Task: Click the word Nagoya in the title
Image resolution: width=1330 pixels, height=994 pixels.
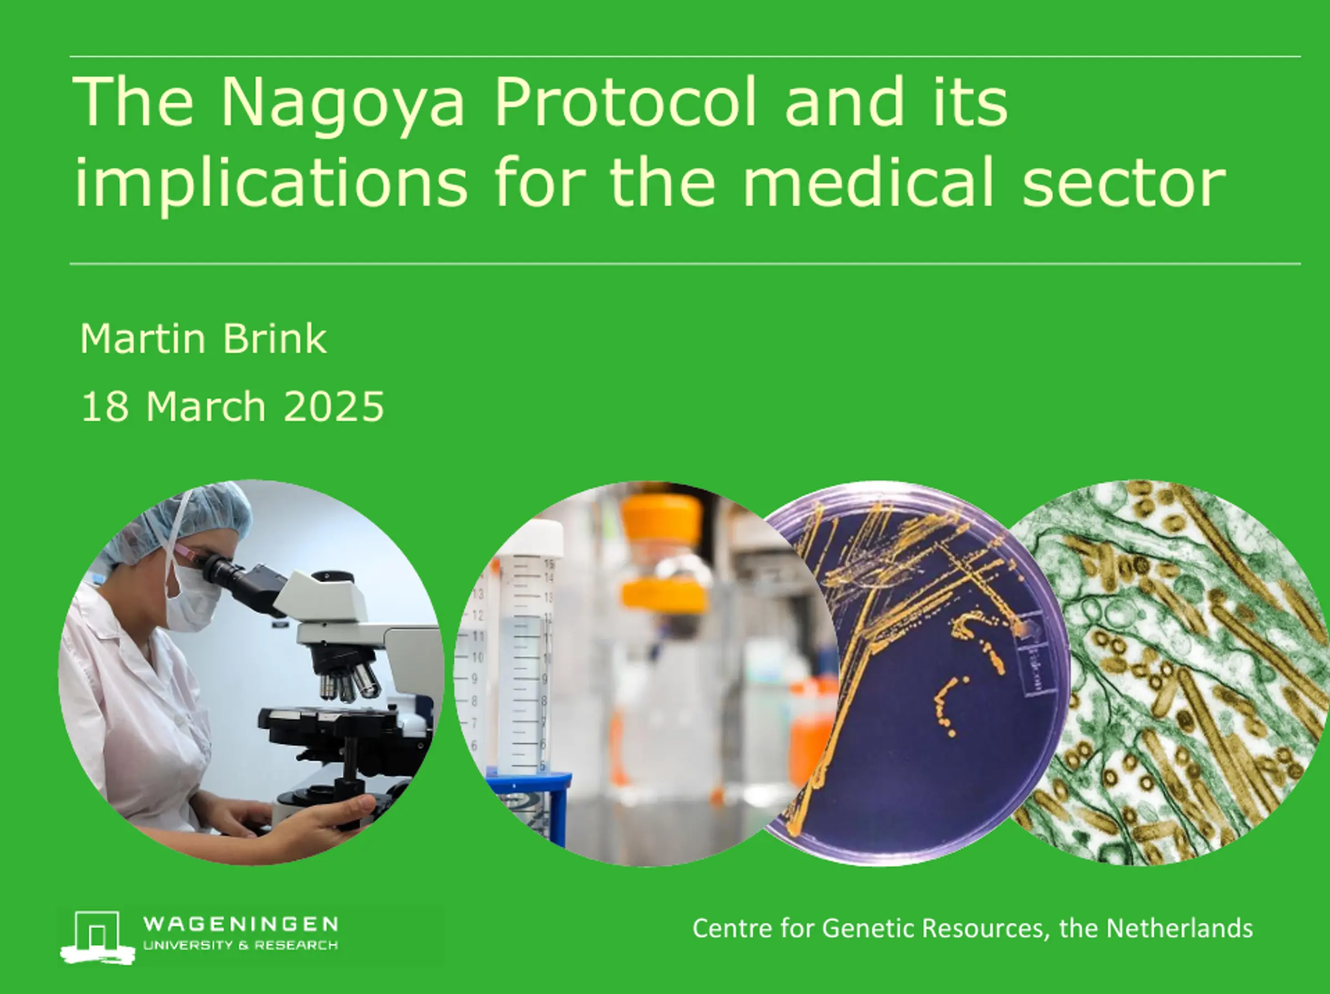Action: coord(342,104)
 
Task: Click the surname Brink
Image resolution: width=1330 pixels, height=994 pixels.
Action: coord(274,339)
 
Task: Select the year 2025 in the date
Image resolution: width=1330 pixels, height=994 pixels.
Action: coord(333,407)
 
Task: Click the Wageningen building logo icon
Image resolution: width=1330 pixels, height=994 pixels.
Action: coord(97,937)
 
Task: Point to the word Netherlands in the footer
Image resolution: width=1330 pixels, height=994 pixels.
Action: coord(1180,928)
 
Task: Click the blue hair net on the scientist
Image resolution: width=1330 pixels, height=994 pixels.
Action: coord(180,517)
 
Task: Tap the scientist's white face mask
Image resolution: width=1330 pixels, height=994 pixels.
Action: coord(192,598)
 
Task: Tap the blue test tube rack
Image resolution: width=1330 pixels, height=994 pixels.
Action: coord(529,800)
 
